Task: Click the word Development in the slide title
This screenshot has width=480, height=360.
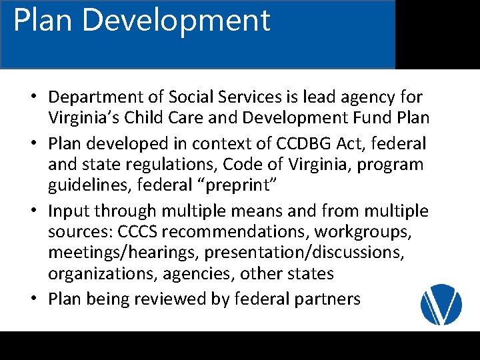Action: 176,20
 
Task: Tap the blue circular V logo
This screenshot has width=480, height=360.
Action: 441,304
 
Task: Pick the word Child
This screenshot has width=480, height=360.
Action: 155,119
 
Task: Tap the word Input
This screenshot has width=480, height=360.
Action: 69,211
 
